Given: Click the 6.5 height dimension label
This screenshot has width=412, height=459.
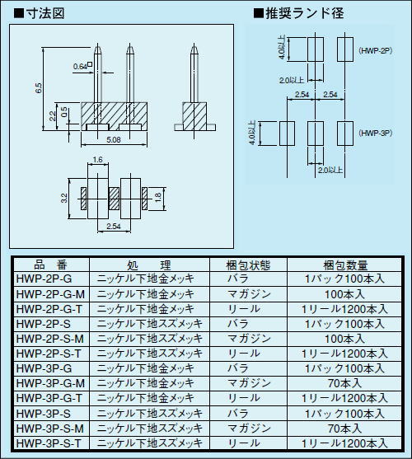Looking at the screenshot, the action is click(39, 88).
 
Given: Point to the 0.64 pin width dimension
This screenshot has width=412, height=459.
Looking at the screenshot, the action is click(80, 67).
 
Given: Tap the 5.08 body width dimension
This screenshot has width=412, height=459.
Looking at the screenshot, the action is click(114, 139).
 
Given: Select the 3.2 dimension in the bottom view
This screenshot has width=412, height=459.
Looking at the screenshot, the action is click(64, 198).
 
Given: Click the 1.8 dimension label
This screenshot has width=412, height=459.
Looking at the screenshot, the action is click(157, 198).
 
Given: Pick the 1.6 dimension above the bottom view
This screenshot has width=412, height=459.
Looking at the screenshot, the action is click(97, 160).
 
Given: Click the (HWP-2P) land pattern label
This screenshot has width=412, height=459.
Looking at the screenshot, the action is click(375, 50).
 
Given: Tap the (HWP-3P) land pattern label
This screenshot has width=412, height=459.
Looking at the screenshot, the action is click(375, 133).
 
